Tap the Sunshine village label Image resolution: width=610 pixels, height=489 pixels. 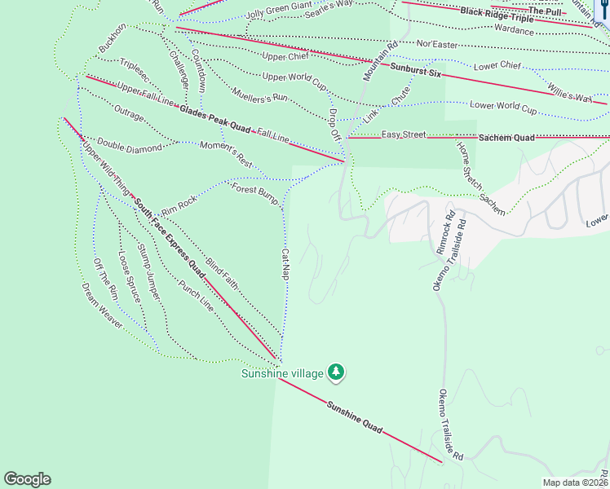pos(281,374)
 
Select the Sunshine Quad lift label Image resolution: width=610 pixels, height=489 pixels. pos(355,416)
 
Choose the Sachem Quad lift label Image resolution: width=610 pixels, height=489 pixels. pos(506,138)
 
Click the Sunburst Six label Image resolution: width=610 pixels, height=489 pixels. pos(415,71)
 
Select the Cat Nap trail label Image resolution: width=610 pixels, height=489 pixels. pos(286,265)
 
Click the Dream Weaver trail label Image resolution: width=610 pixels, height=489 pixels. pos(102,306)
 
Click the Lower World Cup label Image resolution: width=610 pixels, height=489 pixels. pos(503,106)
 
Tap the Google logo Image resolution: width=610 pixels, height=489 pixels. pos(27,479)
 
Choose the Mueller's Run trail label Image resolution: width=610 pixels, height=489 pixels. pos(260,96)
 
